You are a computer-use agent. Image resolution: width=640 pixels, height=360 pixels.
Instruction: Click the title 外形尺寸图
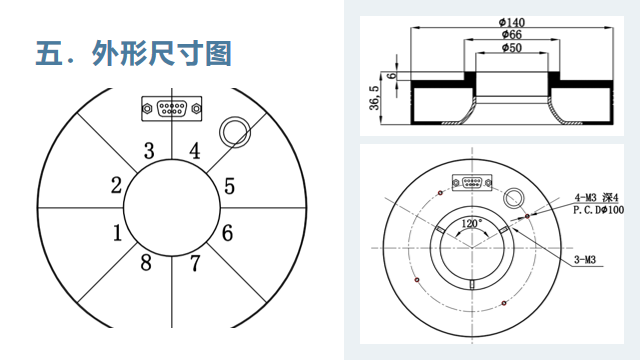[162, 53]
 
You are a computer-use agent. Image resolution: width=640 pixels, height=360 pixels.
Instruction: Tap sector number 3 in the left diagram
[149, 151]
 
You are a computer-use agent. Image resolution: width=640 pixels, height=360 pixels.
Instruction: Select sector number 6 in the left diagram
[227, 233]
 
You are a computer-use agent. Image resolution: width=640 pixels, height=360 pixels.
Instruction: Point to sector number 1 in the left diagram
[117, 233]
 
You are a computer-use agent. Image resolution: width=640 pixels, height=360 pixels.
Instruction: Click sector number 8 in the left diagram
[146, 262]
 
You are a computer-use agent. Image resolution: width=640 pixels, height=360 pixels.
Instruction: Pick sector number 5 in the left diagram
[229, 186]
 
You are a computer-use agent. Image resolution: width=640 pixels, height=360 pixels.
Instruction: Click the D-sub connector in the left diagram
[172, 109]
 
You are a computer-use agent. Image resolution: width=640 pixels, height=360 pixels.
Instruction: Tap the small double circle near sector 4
[235, 132]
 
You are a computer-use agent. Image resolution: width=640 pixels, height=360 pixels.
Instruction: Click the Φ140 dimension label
[512, 22]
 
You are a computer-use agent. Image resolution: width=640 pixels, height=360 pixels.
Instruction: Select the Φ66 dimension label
[512, 34]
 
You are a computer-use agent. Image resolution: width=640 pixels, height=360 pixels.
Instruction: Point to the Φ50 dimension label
[512, 48]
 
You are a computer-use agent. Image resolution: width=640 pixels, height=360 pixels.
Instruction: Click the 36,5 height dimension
[374, 98]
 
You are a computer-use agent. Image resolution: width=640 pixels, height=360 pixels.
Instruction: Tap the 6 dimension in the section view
[391, 76]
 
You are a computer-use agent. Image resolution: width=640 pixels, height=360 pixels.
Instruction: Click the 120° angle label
[472, 224]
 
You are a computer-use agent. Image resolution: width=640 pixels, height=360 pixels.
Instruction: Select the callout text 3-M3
[585, 260]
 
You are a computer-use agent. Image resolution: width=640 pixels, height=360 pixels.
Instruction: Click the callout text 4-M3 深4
[596, 198]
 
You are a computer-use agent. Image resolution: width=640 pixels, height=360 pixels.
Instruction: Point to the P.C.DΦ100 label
[598, 210]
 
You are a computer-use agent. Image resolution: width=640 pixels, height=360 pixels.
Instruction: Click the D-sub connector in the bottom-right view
[472, 182]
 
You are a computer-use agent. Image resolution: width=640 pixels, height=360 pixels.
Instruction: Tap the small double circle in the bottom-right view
[514, 198]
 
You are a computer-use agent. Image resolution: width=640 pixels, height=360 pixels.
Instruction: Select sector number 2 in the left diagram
[116, 185]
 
